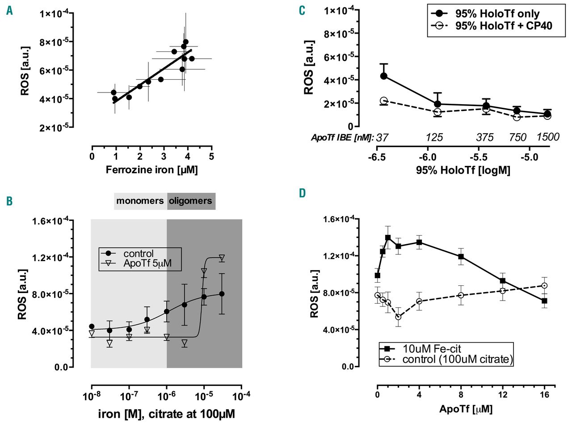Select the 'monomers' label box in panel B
pyautogui.click(x=140, y=201)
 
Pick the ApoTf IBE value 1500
pyautogui.click(x=548, y=137)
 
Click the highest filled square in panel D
pyautogui.click(x=388, y=237)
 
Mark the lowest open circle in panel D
pyautogui.click(x=398, y=317)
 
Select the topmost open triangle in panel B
pyautogui.click(x=222, y=258)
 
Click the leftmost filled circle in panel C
pyautogui.click(x=383, y=76)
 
